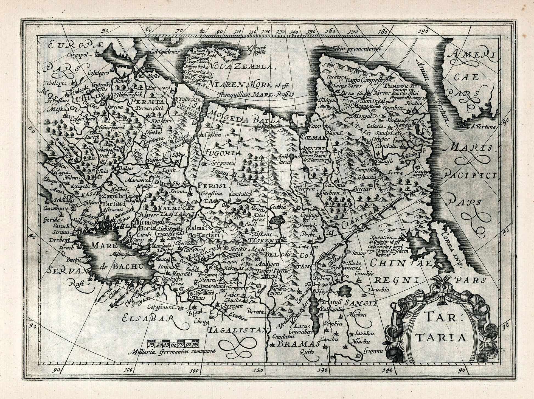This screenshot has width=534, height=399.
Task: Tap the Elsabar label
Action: pos(149,319)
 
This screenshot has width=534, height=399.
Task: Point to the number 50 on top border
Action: pos(105,31)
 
